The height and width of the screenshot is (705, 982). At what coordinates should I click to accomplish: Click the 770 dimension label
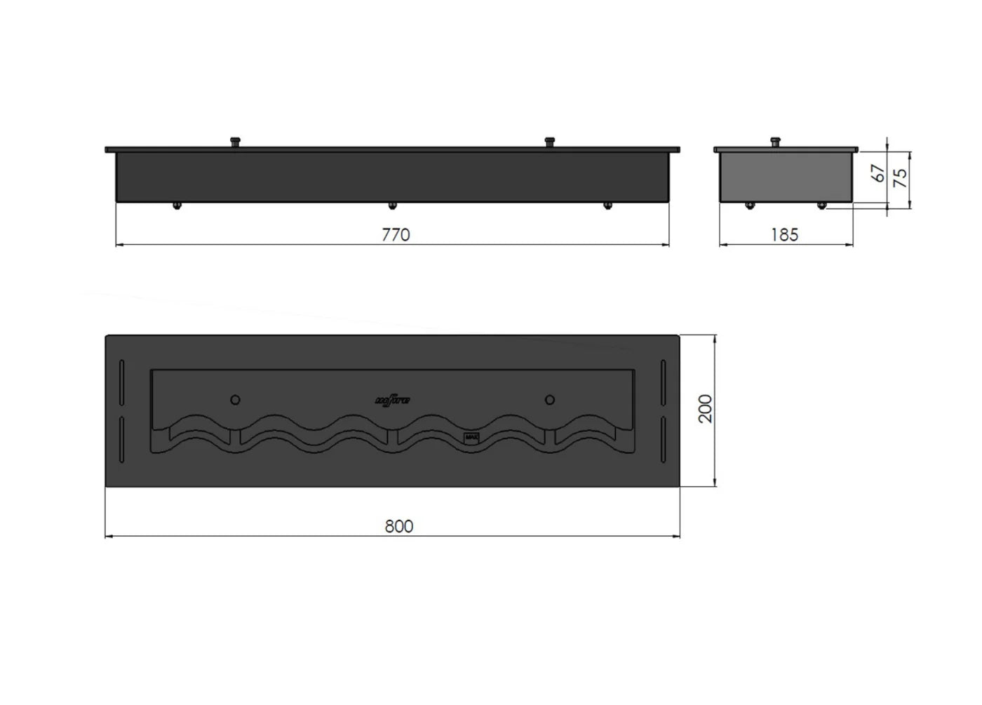tap(396, 235)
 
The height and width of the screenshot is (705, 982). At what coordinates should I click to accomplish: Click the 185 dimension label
tap(784, 235)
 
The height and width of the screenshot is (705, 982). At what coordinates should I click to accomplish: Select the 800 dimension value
tap(398, 526)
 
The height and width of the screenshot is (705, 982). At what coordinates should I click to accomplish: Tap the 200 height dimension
tap(705, 408)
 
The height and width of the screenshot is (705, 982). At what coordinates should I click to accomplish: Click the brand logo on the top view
tap(394, 401)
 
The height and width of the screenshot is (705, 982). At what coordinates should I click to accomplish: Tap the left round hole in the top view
tap(236, 400)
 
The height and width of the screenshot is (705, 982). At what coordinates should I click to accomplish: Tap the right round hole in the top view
tap(550, 400)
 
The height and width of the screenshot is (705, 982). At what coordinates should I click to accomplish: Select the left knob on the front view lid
tap(235, 142)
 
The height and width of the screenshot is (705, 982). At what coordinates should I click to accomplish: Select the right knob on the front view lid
tap(549, 142)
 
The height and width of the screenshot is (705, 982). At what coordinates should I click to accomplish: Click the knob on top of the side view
tap(775, 142)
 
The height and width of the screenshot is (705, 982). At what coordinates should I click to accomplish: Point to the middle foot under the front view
tap(393, 206)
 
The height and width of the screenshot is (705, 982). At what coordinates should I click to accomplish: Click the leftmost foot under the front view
tap(177, 206)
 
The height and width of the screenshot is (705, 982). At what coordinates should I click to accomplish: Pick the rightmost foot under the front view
tap(607, 206)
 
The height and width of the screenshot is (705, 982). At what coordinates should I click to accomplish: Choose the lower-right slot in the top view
tap(662, 441)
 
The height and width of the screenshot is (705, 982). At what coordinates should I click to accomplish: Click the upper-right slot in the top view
tap(662, 382)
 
